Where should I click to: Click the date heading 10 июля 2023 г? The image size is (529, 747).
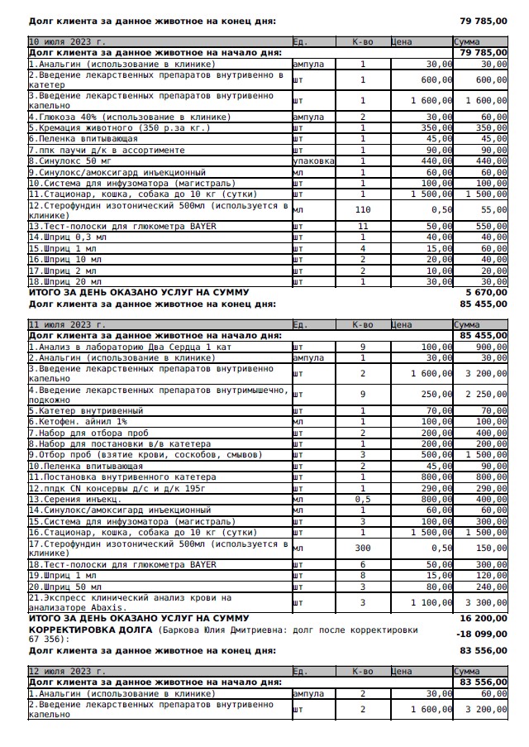(x=67, y=41)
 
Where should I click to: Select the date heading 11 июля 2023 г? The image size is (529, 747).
(x=67, y=325)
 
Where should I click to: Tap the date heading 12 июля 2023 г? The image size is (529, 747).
(x=67, y=671)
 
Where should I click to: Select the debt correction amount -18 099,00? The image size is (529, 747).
(x=483, y=634)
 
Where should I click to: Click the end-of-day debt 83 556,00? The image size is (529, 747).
(x=484, y=651)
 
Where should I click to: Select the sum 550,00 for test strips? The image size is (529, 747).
(x=492, y=226)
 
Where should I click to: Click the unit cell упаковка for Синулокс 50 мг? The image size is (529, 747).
(x=314, y=161)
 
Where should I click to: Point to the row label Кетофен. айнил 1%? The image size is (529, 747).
(x=78, y=422)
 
